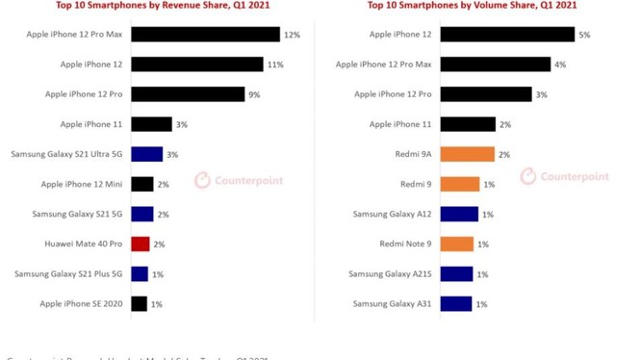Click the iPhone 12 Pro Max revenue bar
coord(204,35)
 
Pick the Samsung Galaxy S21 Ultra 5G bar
coord(146,154)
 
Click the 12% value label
coord(292,35)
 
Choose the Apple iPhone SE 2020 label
coord(82,304)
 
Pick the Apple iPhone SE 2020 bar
coord(139,304)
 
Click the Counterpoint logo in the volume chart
coord(565,176)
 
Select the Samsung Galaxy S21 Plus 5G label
coord(67,274)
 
